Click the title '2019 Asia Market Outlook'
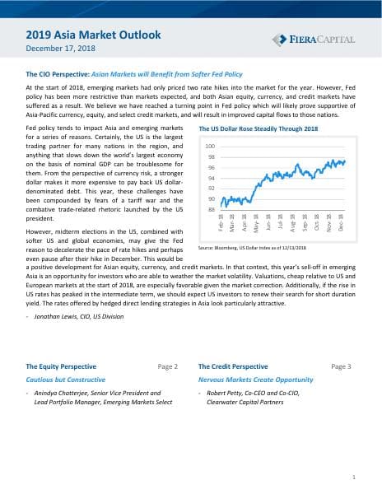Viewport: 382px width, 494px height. click(93, 35)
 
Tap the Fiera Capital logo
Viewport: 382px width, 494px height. click(313, 40)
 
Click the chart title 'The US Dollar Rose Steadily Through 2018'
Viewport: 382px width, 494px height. click(259, 129)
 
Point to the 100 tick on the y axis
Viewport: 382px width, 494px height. click(210, 146)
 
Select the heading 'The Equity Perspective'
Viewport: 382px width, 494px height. click(61, 366)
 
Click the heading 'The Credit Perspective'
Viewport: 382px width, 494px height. click(233, 366)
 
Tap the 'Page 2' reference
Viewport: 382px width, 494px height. click(167, 366)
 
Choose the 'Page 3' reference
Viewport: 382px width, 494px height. click(341, 366)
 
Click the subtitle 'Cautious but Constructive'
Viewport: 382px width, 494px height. click(65, 380)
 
